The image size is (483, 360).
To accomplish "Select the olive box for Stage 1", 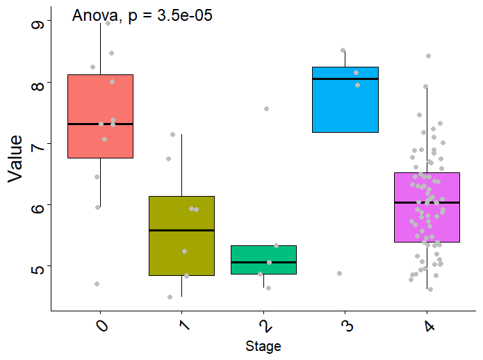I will [182, 250].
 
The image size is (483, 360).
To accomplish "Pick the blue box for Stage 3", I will [345, 104].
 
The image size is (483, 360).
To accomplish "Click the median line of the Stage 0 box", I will [101, 124].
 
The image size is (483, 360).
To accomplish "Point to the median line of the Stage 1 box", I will [182, 230].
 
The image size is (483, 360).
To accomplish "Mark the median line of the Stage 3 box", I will [345, 79].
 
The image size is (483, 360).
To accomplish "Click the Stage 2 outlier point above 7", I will [266, 109].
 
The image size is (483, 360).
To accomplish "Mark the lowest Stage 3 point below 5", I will [339, 273].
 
